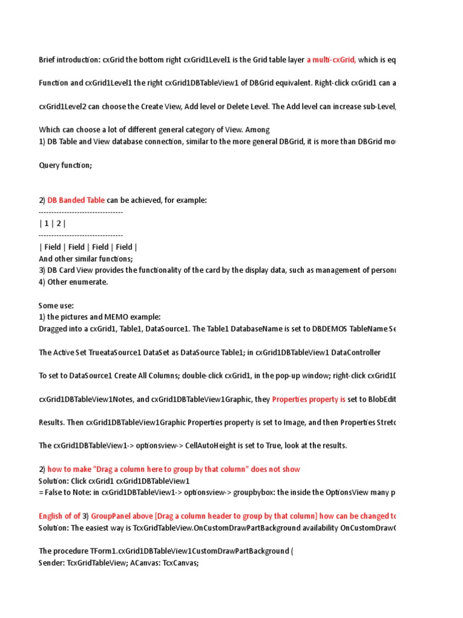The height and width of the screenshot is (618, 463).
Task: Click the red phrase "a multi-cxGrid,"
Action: [331, 60]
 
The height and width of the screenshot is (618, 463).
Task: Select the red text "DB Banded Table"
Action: [76, 200]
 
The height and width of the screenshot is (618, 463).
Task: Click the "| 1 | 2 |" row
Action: [52, 223]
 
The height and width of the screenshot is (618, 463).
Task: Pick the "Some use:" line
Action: [56, 305]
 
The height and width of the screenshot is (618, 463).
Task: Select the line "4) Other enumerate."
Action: [74, 282]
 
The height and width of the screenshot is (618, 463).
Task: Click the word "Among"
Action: [257, 129]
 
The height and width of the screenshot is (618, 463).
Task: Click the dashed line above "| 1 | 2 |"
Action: [81, 212]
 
